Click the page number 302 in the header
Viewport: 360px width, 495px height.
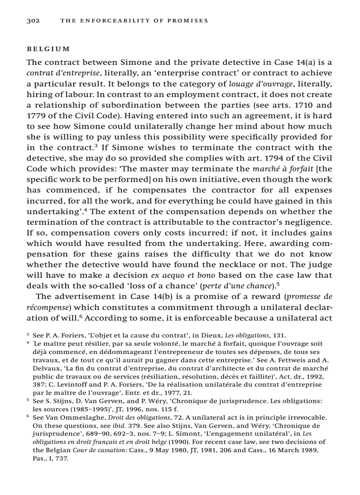pos(33,20)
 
